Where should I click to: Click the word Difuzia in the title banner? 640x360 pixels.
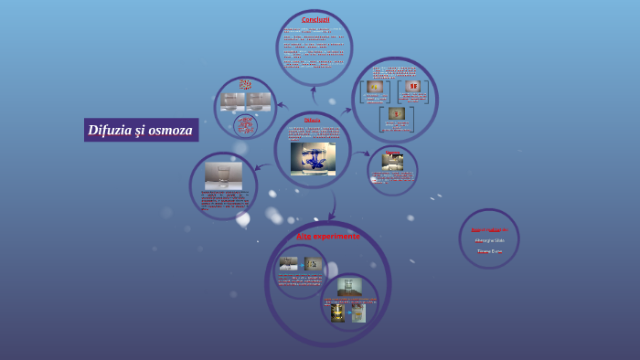tap(109, 130)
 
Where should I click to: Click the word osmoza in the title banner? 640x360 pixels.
tap(169, 130)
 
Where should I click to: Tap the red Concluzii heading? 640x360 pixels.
tap(315, 19)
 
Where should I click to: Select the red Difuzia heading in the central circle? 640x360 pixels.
tap(312, 120)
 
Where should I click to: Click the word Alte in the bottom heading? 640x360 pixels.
tap(304, 236)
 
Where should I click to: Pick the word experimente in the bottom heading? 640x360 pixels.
tap(336, 236)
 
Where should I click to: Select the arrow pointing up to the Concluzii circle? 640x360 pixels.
tap(314, 91)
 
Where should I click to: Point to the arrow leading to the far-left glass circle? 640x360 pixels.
tap(262, 166)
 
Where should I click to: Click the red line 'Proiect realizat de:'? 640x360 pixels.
tap(489, 229)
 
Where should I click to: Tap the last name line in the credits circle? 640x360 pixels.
tap(489, 250)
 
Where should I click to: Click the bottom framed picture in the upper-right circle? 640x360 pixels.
tap(396, 113)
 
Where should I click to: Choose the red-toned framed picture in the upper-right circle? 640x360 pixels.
tap(413, 87)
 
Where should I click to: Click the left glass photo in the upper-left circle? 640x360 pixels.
tap(231, 100)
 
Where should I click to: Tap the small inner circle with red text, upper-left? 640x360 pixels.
tap(245, 125)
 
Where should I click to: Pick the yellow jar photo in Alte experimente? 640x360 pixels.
tap(337, 313)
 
